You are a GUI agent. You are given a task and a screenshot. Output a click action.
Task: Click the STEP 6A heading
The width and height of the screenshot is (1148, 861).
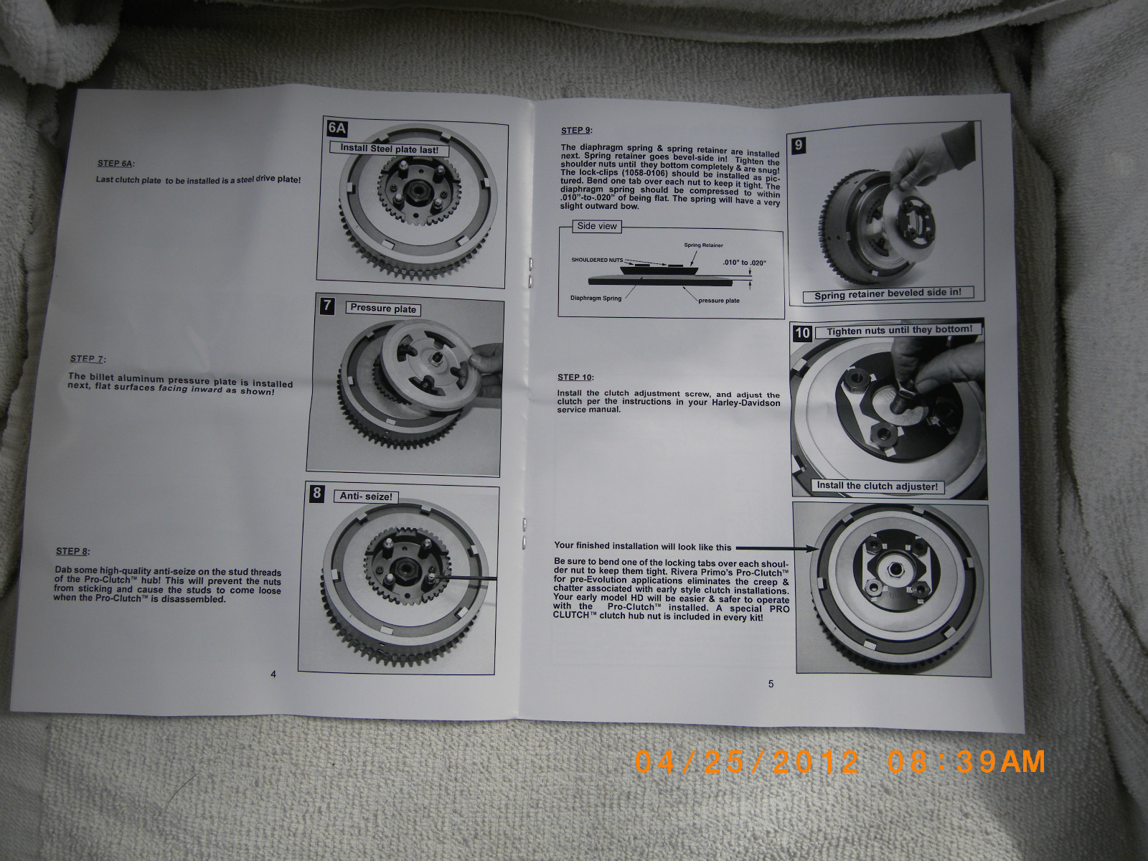(116, 164)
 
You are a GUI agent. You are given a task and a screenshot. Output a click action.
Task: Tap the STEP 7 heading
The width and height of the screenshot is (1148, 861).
(88, 359)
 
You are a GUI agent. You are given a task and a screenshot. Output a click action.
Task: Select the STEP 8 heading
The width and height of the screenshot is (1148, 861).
(72, 551)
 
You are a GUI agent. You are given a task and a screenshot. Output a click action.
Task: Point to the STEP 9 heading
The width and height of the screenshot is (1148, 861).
(576, 131)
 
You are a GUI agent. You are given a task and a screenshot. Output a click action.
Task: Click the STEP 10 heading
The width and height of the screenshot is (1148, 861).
(575, 377)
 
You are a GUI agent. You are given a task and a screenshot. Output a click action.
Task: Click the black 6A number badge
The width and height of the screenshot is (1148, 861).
(337, 128)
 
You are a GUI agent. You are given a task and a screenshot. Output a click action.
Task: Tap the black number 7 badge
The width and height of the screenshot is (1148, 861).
(327, 306)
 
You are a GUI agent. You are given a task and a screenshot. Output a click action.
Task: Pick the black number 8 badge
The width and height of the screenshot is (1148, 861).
(317, 493)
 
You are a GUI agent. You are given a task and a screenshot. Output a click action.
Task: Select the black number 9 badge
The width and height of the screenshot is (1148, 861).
(798, 146)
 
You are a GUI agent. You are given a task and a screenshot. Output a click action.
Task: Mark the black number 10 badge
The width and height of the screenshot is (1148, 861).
(802, 333)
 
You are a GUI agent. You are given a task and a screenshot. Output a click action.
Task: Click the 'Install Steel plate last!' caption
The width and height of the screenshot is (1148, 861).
(389, 149)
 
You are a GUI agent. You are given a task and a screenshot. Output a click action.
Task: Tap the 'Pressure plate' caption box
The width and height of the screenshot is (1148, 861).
(383, 309)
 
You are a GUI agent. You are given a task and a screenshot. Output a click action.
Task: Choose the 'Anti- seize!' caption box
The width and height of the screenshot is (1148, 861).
(366, 497)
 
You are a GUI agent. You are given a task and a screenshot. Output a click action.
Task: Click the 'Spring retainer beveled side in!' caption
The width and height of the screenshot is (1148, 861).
(888, 294)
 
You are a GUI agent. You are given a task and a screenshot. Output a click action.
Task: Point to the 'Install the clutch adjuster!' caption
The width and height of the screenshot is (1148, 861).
(877, 486)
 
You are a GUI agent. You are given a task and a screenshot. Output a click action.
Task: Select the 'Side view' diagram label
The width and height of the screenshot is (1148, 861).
(597, 226)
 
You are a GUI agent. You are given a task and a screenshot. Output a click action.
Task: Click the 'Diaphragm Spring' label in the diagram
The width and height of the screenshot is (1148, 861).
(596, 298)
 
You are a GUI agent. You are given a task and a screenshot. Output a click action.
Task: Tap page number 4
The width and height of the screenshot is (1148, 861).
(273, 674)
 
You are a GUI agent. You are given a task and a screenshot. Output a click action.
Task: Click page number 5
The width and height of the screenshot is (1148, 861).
(771, 684)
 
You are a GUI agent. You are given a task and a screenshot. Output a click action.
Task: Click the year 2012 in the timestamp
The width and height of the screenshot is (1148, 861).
(815, 762)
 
